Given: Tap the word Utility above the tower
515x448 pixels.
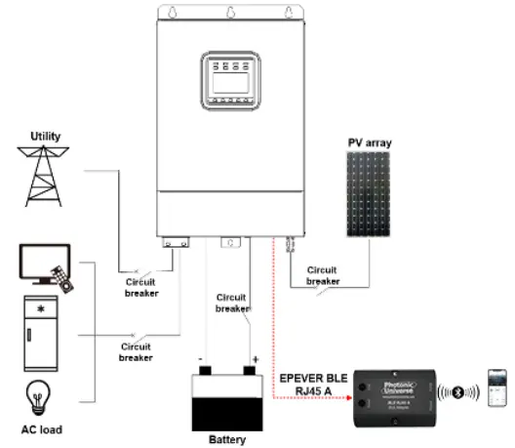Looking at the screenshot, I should pos(46,137).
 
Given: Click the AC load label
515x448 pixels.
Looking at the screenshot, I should pos(40,429).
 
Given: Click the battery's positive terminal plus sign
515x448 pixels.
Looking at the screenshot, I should pos(256,359).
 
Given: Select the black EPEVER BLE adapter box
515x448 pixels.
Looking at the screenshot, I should pos(394,394).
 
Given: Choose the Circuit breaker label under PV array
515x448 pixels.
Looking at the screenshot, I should pos(323,276).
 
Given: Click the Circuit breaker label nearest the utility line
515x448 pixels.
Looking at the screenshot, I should pos(141,287).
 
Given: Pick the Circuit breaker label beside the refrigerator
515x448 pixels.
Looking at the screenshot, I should pos(137,351).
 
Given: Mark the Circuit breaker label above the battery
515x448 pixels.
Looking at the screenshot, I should pos(232,302).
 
